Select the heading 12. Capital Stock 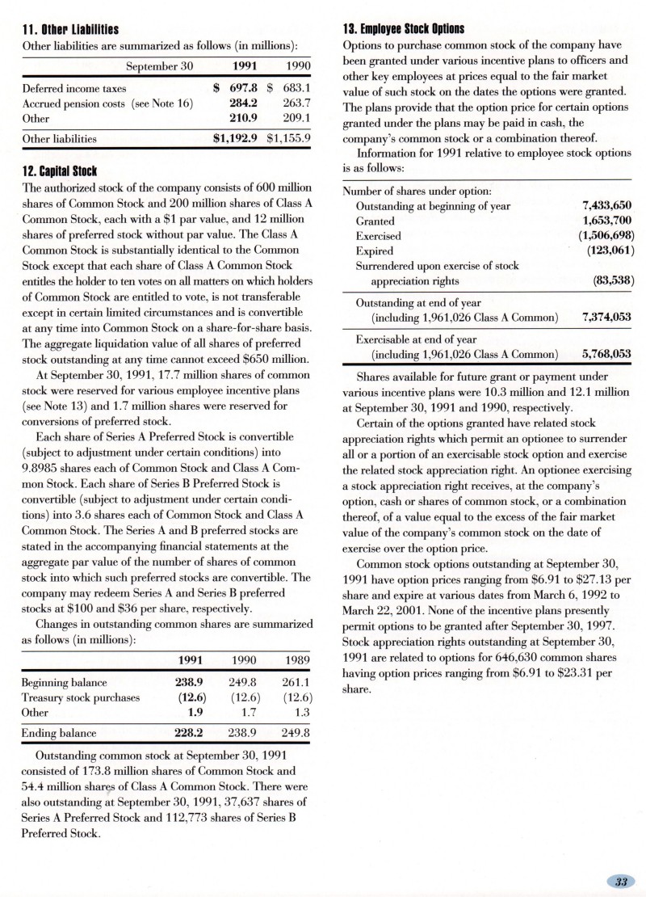coord(56,171)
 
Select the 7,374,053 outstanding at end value coord(602,317)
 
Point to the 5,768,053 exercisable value coord(602,353)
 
